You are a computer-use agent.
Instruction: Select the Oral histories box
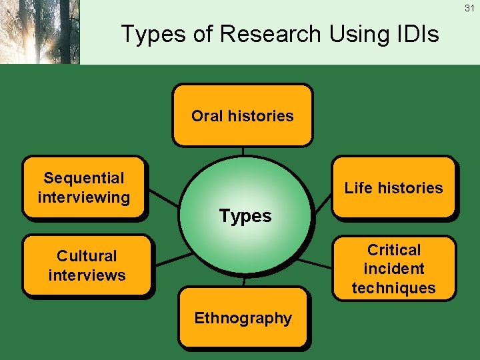point(242,115)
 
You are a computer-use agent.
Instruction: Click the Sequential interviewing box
point(84,187)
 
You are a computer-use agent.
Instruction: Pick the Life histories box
point(393,187)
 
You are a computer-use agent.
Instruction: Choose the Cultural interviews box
point(87,265)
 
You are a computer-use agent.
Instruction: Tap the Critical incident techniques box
point(393,269)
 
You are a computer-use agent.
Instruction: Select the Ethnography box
point(243,318)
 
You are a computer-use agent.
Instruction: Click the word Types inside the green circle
point(246,216)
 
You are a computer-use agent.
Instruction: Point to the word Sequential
point(84,178)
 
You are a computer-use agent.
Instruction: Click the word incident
point(394,269)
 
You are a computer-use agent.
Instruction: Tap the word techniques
point(394,288)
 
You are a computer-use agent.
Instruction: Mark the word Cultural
point(87,256)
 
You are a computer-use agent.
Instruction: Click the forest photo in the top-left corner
point(39,32)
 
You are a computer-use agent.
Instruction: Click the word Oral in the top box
point(207,116)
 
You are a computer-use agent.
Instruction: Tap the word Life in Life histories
point(357,188)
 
